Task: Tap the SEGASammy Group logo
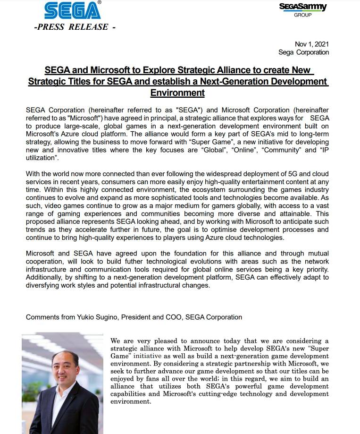[302, 9]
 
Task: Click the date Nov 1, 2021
[312, 44]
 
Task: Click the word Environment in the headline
[177, 93]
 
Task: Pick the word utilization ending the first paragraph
[42, 157]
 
